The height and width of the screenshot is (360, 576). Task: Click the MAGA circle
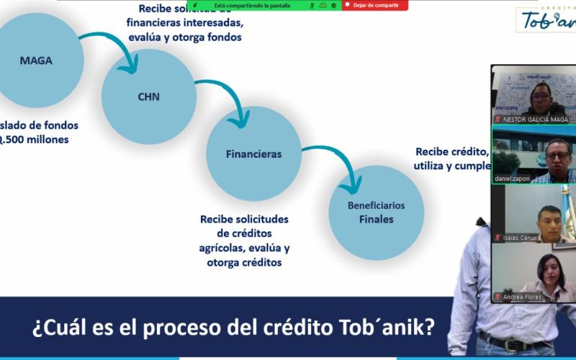[x=36, y=60]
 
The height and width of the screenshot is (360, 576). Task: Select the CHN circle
[x=149, y=96]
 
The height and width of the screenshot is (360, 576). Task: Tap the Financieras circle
[x=253, y=153]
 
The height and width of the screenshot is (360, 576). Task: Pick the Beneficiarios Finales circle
[x=376, y=212]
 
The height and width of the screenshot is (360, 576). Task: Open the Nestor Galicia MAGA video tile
[x=534, y=95]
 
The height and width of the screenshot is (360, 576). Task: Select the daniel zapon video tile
[x=534, y=154]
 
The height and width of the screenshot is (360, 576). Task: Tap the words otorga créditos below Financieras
[x=244, y=263]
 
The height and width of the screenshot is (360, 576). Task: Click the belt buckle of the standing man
[x=513, y=346]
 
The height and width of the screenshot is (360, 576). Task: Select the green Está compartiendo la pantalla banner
[x=252, y=5]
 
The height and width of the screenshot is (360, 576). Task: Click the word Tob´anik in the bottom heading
[x=386, y=328]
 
